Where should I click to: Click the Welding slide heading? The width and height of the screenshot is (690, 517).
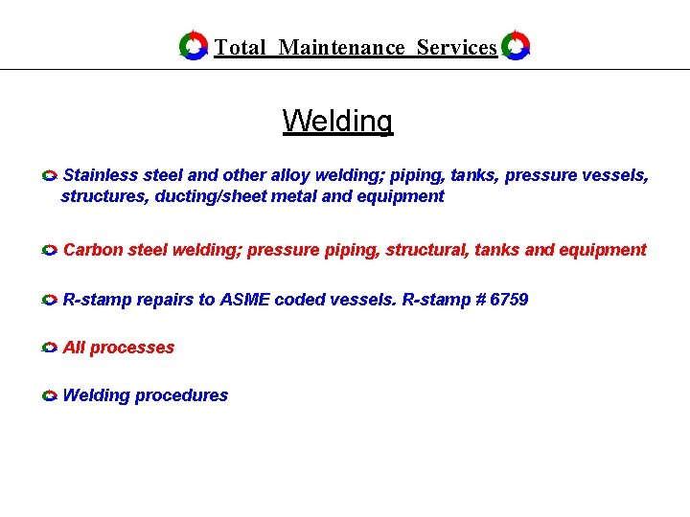coord(337,122)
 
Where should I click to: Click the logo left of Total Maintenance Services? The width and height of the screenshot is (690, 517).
coord(194,45)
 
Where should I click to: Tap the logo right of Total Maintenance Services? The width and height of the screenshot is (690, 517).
coord(516,45)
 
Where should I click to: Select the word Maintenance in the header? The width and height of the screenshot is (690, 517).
coord(341,48)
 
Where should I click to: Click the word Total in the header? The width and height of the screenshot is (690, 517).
coord(240,48)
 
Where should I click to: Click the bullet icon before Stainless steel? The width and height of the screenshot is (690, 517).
coord(51,176)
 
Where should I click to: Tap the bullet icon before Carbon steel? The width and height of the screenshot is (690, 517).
coord(51,251)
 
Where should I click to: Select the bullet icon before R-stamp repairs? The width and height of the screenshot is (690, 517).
coord(51,301)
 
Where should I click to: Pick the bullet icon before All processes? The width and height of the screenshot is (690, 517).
coord(51,348)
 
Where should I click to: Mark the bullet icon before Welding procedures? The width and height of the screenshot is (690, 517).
coord(51,396)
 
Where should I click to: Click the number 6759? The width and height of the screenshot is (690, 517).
coord(509,300)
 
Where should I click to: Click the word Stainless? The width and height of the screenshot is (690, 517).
coord(100,175)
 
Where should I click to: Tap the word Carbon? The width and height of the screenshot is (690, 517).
coord(94,250)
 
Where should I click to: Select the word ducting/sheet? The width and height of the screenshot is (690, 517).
coord(211,196)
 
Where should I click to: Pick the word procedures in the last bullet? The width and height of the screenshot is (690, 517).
coord(182,395)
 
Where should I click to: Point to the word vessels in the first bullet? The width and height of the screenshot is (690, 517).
coord(619,175)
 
